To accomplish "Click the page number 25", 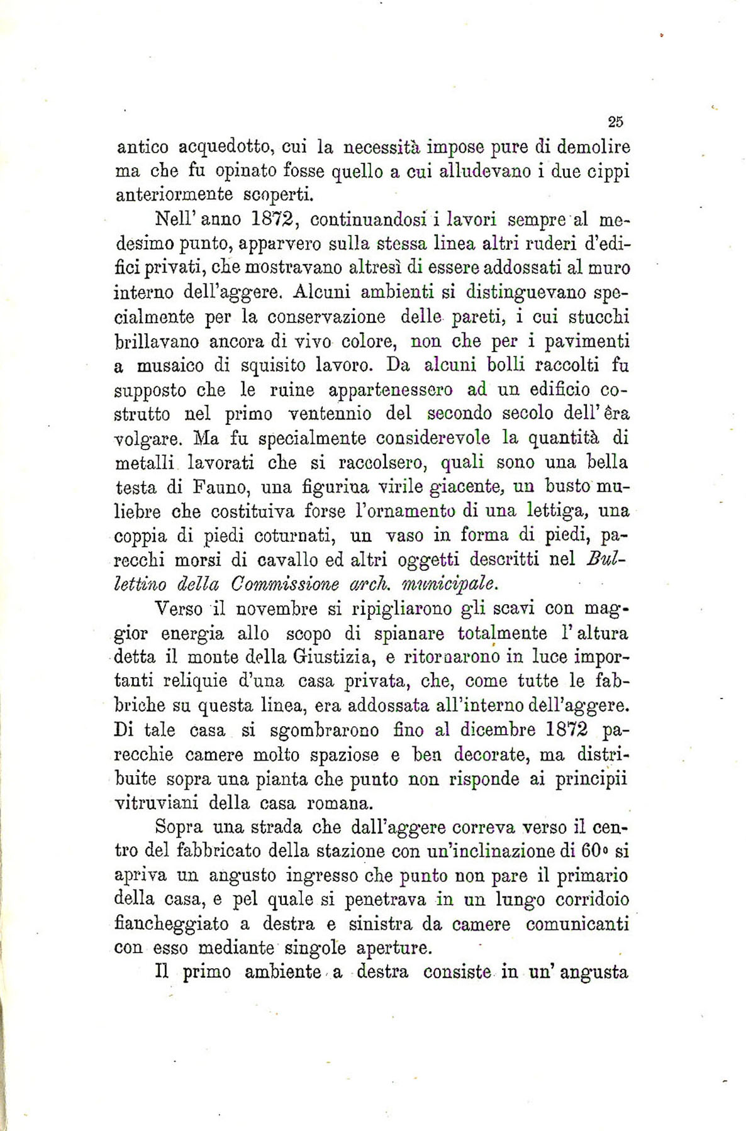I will click(x=616, y=122).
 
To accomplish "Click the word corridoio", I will click(x=593, y=900).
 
